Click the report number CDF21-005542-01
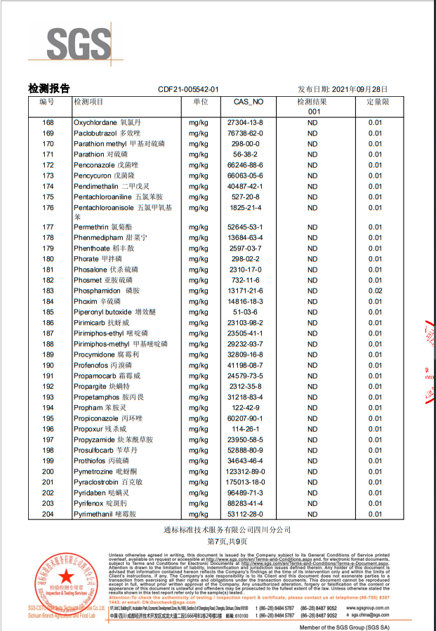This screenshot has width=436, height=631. pyautogui.click(x=188, y=90)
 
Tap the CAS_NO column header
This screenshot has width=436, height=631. pyautogui.click(x=248, y=102)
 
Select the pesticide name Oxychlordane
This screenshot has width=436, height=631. pyautogui.click(x=95, y=122)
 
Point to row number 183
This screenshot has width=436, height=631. pyautogui.click(x=48, y=291)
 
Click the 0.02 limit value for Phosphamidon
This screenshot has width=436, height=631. pyautogui.click(x=376, y=291)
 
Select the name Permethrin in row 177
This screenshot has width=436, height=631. pyautogui.click(x=91, y=227)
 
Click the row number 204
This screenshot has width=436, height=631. pyautogui.click(x=48, y=514)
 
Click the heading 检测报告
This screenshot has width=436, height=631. pyautogui.click(x=48, y=88)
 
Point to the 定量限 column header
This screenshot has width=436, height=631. pyautogui.click(x=378, y=102)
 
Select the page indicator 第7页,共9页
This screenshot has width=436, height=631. pyautogui.click(x=218, y=542)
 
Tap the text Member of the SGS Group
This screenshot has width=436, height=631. pyautogui.click(x=343, y=626)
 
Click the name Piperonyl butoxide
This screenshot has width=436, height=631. pyautogui.click(x=103, y=312)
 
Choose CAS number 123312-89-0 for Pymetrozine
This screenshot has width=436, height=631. pyautogui.click(x=246, y=472)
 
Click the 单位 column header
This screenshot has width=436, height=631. pyautogui.click(x=201, y=102)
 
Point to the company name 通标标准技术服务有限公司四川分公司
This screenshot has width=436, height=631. pyautogui.click(x=217, y=529)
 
